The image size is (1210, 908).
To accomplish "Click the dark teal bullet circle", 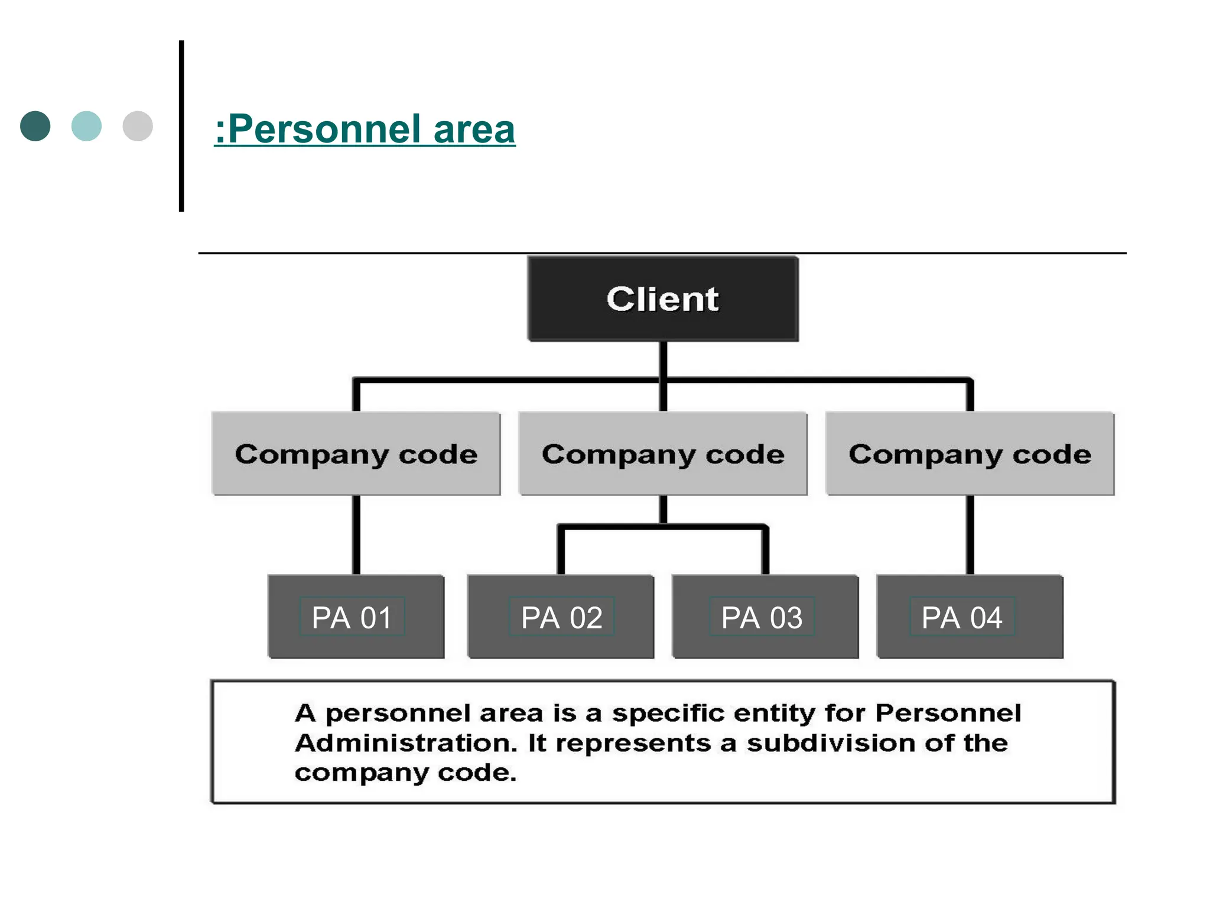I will click(x=35, y=126).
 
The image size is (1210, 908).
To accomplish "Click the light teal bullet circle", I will click(x=86, y=126).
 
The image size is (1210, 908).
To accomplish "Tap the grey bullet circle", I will click(x=138, y=126).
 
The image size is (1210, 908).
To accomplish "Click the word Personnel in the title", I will click(x=324, y=129).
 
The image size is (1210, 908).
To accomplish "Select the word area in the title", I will click(x=474, y=129).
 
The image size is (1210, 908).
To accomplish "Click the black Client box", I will click(x=663, y=299).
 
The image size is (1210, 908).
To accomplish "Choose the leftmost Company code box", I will click(x=356, y=454).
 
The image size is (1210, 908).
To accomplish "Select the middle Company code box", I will click(x=663, y=454).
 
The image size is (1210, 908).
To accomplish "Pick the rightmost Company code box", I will click(x=970, y=454).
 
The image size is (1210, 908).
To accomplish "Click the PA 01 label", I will click(x=352, y=617).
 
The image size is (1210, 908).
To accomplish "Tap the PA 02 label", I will click(x=561, y=617).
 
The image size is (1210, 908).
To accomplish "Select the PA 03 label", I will click(x=762, y=617).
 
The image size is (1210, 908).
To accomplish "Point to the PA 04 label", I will click(x=962, y=617).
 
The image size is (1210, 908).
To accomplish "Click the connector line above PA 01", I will click(x=356, y=535).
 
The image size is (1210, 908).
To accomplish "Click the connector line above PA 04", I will click(x=970, y=535).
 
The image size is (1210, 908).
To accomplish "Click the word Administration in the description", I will click(x=406, y=743).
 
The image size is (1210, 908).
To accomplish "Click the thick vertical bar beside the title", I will click(x=181, y=126).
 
